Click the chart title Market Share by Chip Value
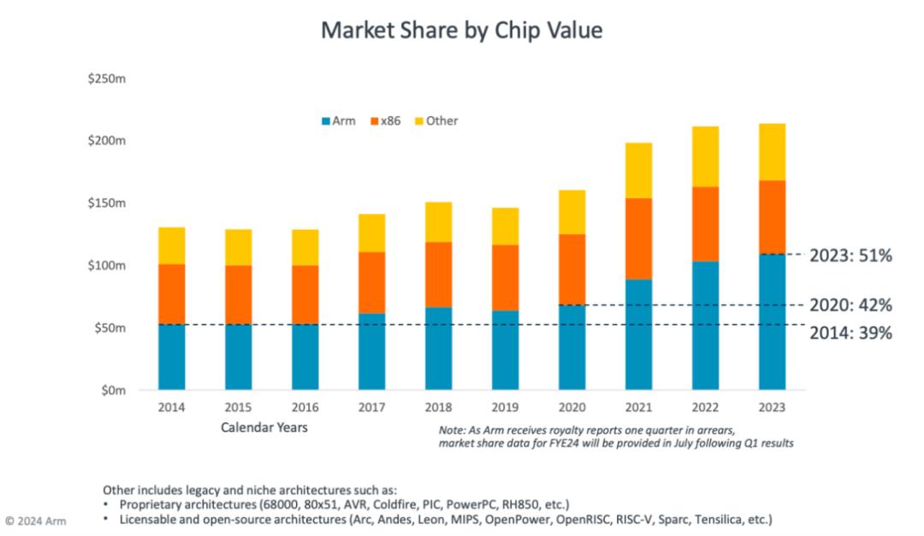tap(462, 31)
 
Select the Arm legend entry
tap(338, 121)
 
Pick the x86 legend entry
tap(385, 121)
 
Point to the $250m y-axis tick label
tap(108, 79)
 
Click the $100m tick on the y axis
tap(108, 266)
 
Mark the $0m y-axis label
tap(114, 391)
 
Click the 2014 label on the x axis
tap(171, 407)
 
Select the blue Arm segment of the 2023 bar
tap(772, 321)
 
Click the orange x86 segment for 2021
tap(638, 239)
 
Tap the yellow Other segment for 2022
tap(705, 156)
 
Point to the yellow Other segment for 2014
tap(171, 245)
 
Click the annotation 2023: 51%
tap(850, 256)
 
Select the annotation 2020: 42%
tap(850, 305)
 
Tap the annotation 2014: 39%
tap(850, 333)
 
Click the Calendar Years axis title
tap(264, 427)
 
